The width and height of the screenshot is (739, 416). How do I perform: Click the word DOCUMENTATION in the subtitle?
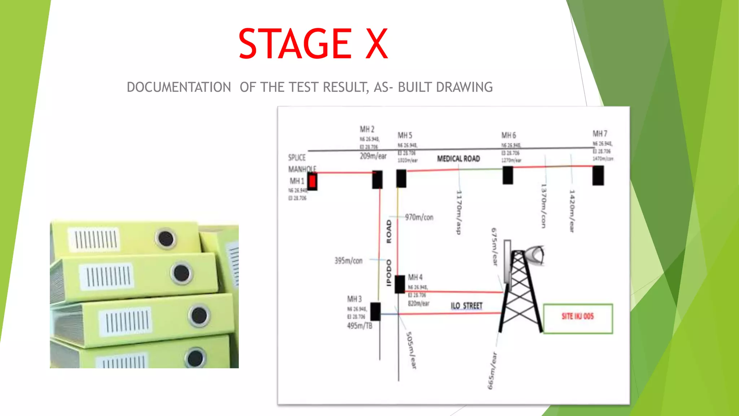point(179,87)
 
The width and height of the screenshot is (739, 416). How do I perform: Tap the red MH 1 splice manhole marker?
point(312,181)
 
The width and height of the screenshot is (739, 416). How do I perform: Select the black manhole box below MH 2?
point(377,180)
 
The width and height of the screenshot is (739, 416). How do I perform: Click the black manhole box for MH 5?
point(401,178)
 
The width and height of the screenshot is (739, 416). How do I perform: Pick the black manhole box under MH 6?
point(508,175)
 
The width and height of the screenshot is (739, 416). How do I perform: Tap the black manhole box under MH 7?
point(598,175)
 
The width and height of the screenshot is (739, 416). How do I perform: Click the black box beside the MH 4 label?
point(400,284)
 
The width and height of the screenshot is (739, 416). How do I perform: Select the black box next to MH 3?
point(375,311)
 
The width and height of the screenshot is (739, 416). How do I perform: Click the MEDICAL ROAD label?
point(458,159)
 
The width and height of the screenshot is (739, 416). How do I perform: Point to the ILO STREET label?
point(467,306)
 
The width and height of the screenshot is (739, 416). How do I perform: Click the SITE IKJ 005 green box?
point(578,318)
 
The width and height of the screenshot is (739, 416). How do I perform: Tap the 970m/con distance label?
point(419,217)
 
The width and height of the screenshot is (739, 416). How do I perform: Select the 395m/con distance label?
point(348,261)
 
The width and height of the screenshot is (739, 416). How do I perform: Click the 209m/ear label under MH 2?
point(373,156)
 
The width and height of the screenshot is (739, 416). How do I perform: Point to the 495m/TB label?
point(359,326)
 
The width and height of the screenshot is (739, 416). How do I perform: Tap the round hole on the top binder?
point(166,238)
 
